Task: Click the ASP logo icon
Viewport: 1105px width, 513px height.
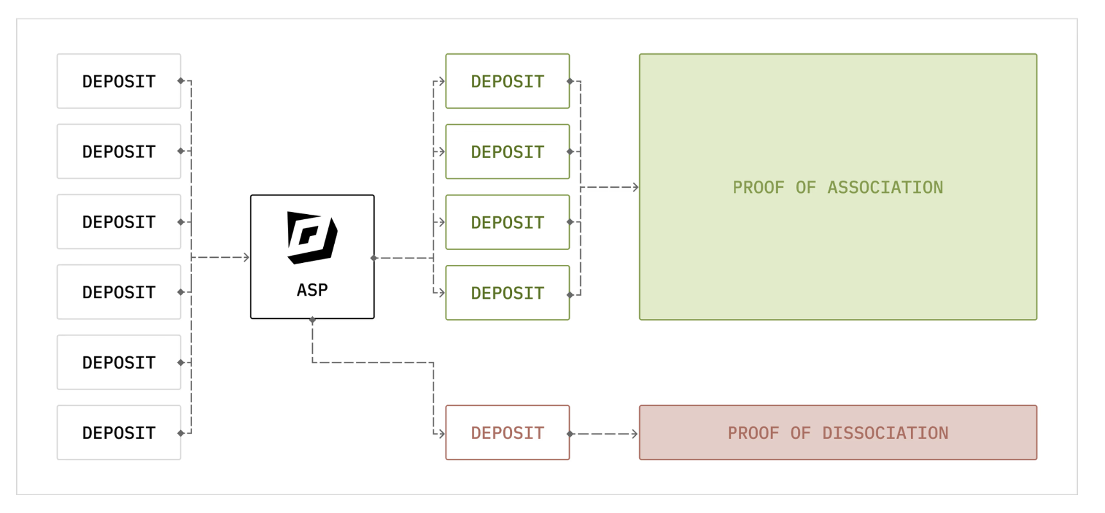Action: [x=312, y=238]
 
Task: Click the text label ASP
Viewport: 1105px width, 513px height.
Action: [x=312, y=290]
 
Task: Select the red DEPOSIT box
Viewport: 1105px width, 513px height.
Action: [x=508, y=433]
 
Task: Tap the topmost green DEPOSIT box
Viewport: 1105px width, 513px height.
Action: [x=508, y=81]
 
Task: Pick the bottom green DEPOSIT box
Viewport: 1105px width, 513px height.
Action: [x=508, y=292]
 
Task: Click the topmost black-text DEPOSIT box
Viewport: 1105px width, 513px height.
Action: [x=119, y=81]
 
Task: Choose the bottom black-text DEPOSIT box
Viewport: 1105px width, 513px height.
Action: [x=119, y=433]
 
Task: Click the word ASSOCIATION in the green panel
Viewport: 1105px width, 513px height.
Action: [x=885, y=187]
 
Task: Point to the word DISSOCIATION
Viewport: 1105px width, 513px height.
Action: [x=885, y=433]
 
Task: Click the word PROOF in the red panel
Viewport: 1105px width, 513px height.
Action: [x=753, y=433]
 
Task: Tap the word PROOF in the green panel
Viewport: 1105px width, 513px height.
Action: [x=758, y=187]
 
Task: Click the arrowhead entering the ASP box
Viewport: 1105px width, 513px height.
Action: [x=246, y=257]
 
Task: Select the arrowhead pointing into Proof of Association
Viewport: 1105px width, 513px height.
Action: [x=635, y=187]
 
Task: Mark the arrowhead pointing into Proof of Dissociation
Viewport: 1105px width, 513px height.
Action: [x=635, y=434]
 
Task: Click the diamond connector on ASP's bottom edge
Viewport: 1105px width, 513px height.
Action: [x=312, y=319]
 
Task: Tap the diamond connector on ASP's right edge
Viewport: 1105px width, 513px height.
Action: [x=374, y=258]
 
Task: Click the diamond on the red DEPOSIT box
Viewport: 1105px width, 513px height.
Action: [x=570, y=434]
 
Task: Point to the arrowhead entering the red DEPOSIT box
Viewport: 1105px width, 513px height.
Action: [x=441, y=434]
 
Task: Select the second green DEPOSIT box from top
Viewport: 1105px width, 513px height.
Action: [x=508, y=152]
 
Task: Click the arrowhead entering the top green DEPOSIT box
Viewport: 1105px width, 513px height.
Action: [x=441, y=81]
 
